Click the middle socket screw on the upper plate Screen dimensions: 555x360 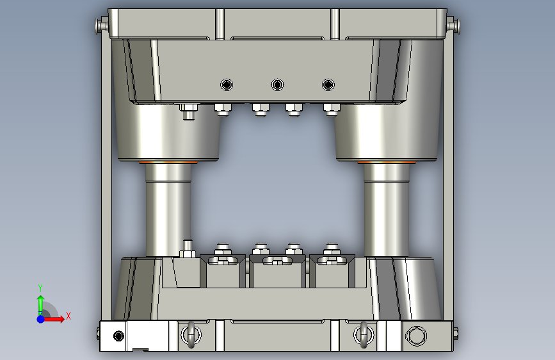(x=278, y=85)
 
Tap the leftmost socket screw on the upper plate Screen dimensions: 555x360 (x=227, y=85)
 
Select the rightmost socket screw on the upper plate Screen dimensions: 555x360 (x=328, y=85)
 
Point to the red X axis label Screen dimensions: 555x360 (x=68, y=316)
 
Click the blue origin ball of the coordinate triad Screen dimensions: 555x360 (x=41, y=319)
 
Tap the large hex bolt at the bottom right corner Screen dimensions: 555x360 (x=415, y=336)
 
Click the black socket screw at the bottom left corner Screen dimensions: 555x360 (x=118, y=336)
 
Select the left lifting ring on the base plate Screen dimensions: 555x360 (x=191, y=335)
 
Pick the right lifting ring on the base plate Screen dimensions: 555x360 (x=364, y=335)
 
